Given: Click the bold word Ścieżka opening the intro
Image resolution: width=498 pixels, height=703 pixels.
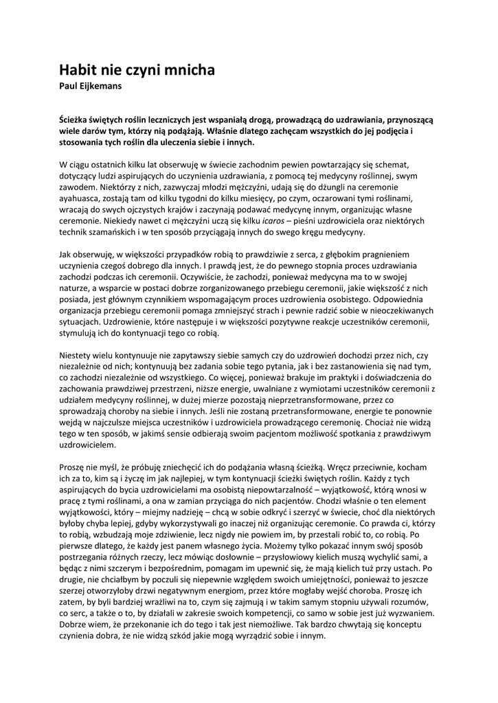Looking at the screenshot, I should (77, 120).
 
